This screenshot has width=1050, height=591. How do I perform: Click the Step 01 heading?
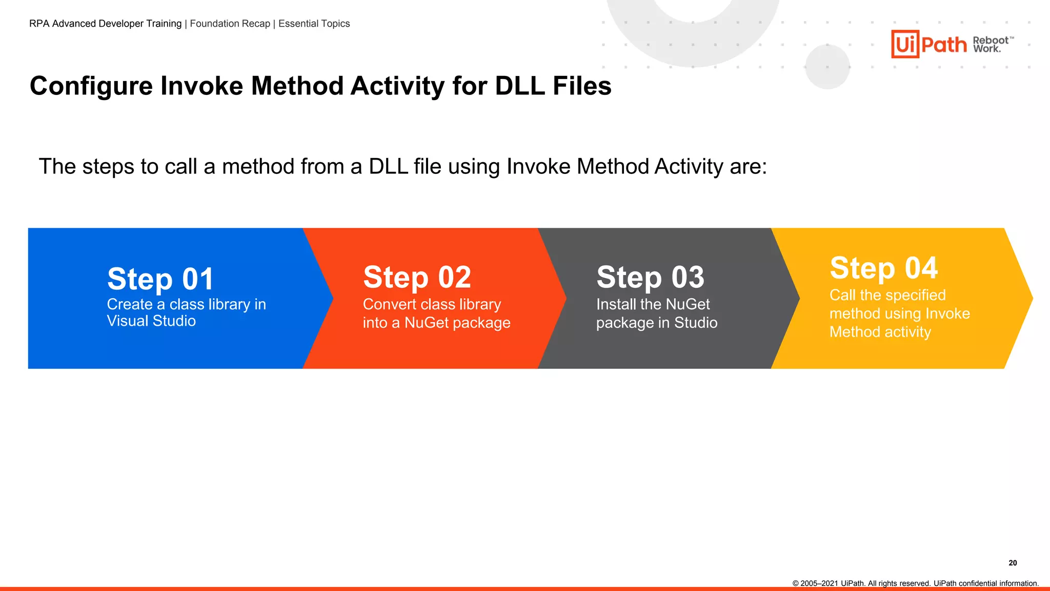[x=160, y=279]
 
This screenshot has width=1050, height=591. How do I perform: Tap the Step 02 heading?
[x=417, y=278]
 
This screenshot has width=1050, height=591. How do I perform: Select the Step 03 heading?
[x=650, y=278]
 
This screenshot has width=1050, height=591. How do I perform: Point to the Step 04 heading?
[x=883, y=268]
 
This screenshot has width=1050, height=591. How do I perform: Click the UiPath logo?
[x=928, y=44]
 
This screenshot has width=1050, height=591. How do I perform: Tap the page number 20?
[x=1013, y=563]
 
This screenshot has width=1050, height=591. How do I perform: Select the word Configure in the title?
[x=91, y=86]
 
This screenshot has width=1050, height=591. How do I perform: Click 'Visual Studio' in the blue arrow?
[x=151, y=321]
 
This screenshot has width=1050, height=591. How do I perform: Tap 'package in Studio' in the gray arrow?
[x=656, y=323]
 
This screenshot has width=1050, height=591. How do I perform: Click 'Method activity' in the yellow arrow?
[x=880, y=332]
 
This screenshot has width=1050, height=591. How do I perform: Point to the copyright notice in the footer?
[x=915, y=583]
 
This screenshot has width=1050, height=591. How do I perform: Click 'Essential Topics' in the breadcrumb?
[x=314, y=24]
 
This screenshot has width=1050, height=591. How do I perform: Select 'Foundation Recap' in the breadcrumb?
[x=230, y=24]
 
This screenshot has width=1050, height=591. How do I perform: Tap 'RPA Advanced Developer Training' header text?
[x=105, y=24]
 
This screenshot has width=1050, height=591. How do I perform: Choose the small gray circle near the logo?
[x=827, y=67]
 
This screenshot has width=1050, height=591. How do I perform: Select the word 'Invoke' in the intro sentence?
[x=538, y=167]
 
